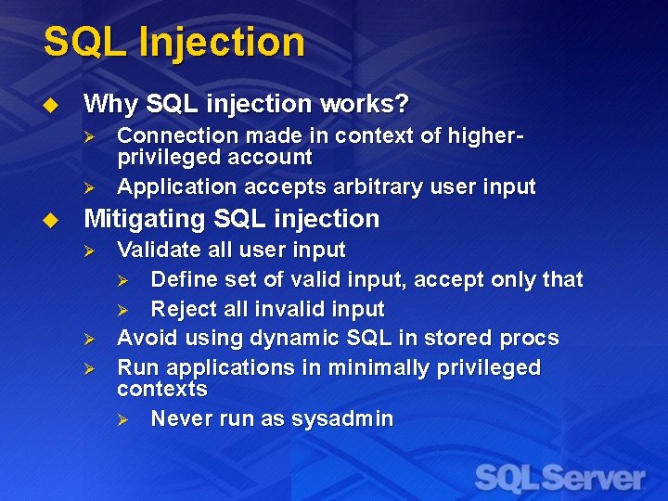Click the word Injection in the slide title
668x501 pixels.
(220, 43)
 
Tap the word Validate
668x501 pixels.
(156, 250)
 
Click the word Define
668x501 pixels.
(182, 279)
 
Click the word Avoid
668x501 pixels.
(144, 338)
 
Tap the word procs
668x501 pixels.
(527, 338)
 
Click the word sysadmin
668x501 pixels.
(342, 419)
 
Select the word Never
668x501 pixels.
(180, 419)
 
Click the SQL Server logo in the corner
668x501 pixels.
(559, 479)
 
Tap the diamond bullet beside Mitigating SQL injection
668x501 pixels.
(51, 220)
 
